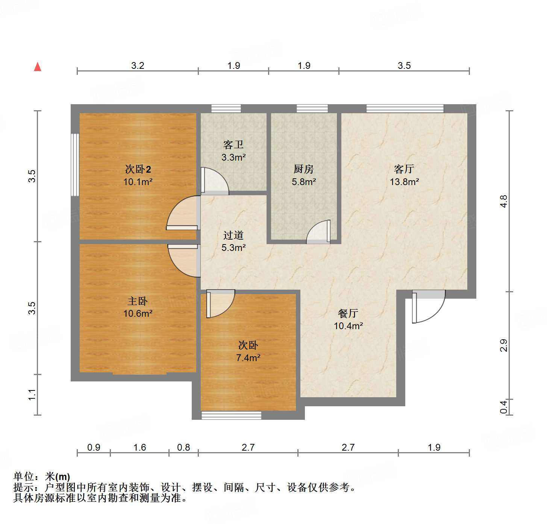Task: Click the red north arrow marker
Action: [x=38, y=67]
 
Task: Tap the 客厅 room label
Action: [x=404, y=169]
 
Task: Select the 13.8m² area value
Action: [x=404, y=182]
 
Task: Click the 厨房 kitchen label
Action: [x=303, y=169]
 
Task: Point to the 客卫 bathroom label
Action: [x=233, y=144]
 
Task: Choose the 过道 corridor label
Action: [x=233, y=235]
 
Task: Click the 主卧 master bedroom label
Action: [x=138, y=301]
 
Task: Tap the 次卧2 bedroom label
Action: [x=138, y=169]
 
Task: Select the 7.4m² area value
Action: [x=248, y=358]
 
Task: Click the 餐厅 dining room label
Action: [x=348, y=313]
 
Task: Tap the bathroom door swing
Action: [x=214, y=181]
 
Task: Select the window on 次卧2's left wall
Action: [x=75, y=164]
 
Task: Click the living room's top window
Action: [x=405, y=109]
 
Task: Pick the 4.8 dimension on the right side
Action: [x=503, y=201]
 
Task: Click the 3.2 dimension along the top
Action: [x=138, y=65]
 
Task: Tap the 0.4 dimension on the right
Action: [x=503, y=407]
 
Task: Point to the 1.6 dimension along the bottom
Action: [x=139, y=447]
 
